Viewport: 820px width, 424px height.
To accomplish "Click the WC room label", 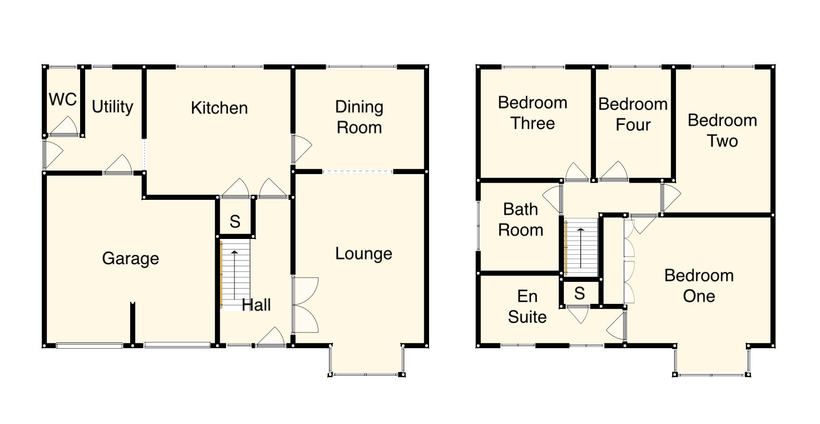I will pyautogui.click(x=62, y=100).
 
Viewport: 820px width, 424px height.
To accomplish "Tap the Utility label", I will pyautogui.click(x=112, y=106).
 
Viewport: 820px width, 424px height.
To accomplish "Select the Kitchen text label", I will pyautogui.click(x=219, y=108).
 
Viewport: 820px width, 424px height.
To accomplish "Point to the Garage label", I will pyautogui.click(x=130, y=259).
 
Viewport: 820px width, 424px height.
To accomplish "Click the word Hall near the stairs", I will pyautogui.click(x=256, y=305).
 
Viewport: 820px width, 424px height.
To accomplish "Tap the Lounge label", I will pyautogui.click(x=363, y=254).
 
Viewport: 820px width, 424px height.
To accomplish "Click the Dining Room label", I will pyautogui.click(x=359, y=117).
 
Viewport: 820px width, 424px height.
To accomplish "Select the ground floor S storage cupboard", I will pyautogui.click(x=235, y=221).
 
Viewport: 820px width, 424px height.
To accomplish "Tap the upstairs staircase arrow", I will pyautogui.click(x=581, y=248).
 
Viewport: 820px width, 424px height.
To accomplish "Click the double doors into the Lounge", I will pyautogui.click(x=304, y=305).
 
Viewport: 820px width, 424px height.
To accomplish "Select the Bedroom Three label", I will pyautogui.click(x=533, y=113).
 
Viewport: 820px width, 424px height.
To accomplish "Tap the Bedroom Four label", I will pyautogui.click(x=633, y=114).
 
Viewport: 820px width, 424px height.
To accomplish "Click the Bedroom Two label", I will pyautogui.click(x=722, y=131).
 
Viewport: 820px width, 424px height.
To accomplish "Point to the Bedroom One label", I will pyautogui.click(x=699, y=286).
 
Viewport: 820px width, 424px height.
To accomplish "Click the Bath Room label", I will pyautogui.click(x=521, y=220).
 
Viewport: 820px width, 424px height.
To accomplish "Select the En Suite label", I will pyautogui.click(x=527, y=307).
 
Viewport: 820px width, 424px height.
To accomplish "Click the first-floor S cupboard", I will pyautogui.click(x=580, y=293).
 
